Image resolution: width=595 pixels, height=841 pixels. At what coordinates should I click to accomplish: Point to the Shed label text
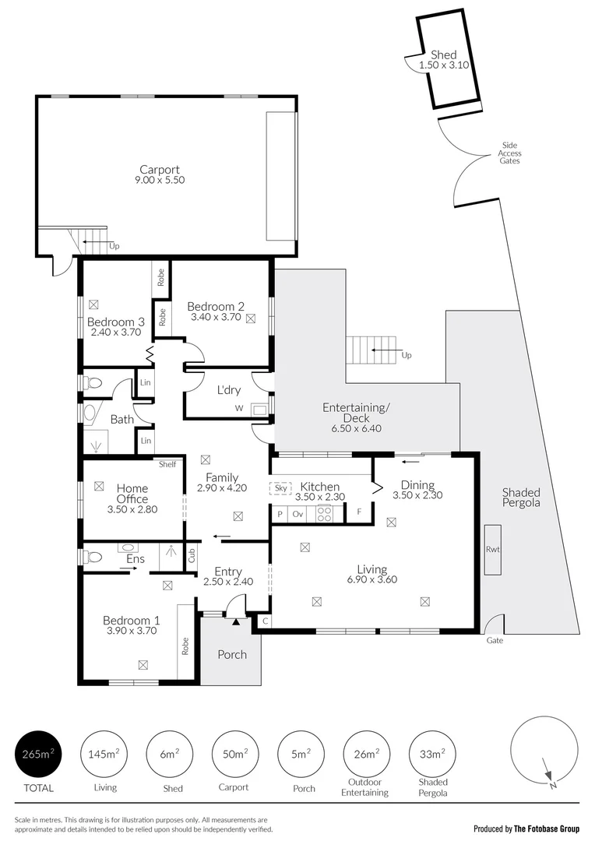[444, 55]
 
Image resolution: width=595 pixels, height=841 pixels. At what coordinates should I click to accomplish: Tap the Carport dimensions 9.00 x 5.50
[160, 180]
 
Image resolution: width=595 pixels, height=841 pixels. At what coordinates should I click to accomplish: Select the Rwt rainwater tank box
[492, 550]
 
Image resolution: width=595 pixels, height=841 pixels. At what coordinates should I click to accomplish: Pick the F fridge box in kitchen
[358, 512]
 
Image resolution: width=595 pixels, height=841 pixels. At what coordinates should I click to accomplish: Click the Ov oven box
[297, 514]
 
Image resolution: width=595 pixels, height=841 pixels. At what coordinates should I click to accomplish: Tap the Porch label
[232, 654]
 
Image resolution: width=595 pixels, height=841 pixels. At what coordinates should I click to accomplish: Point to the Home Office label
[132, 494]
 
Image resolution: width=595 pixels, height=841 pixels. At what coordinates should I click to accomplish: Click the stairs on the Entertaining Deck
[371, 350]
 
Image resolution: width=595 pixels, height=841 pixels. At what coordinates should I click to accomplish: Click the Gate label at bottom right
[495, 640]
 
